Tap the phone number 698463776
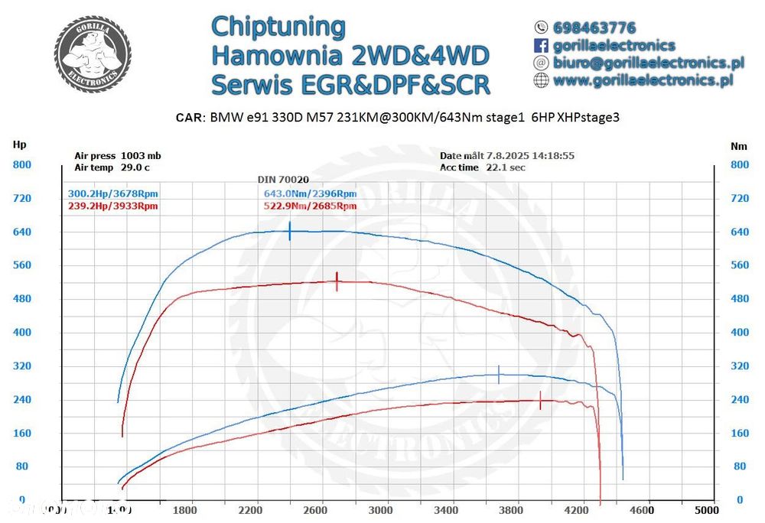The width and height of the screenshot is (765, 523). coord(594,28)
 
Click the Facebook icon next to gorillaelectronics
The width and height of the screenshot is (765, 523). coord(541,46)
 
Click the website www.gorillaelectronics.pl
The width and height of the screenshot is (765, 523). coord(643,80)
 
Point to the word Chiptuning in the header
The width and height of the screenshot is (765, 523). coord(278,26)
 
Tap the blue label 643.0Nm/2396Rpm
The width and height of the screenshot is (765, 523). coord(310,194)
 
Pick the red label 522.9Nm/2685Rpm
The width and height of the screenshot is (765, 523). coord(310,206)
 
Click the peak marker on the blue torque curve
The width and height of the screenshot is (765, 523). coord(290,231)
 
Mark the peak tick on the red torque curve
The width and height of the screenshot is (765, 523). coord(337,281)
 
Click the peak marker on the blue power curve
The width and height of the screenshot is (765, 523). coord(499,375)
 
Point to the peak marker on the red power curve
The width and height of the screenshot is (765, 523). coord(541,401)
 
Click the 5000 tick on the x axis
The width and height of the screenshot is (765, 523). coord(706,509)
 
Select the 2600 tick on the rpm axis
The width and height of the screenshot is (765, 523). coord(315,509)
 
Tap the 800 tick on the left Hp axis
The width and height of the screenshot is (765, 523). coord(21,164)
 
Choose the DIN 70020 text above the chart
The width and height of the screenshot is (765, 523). coord(283,179)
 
